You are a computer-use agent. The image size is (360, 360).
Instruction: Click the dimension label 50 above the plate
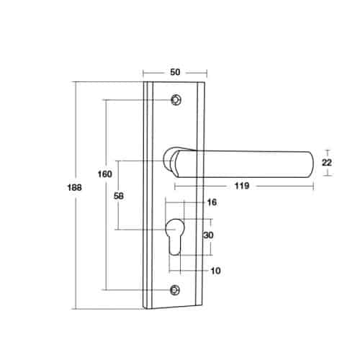(175, 72)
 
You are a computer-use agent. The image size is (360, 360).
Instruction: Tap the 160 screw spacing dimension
(105, 174)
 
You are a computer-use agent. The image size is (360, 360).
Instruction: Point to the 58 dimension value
(120, 195)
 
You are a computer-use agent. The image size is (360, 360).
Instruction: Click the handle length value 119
(241, 186)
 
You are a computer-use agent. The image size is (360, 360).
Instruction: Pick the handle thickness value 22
(326, 163)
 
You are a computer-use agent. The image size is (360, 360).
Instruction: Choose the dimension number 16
(211, 204)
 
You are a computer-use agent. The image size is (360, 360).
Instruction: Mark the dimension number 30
(209, 235)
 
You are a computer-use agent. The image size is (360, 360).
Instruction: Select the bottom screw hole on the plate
(175, 290)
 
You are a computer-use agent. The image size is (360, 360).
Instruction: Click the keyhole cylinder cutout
(175, 238)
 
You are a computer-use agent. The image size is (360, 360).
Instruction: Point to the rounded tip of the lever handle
(308, 163)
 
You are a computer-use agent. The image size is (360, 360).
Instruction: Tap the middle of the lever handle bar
(245, 163)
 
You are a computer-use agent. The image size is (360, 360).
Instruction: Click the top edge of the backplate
(175, 82)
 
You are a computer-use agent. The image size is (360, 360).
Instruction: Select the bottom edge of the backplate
(175, 307)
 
